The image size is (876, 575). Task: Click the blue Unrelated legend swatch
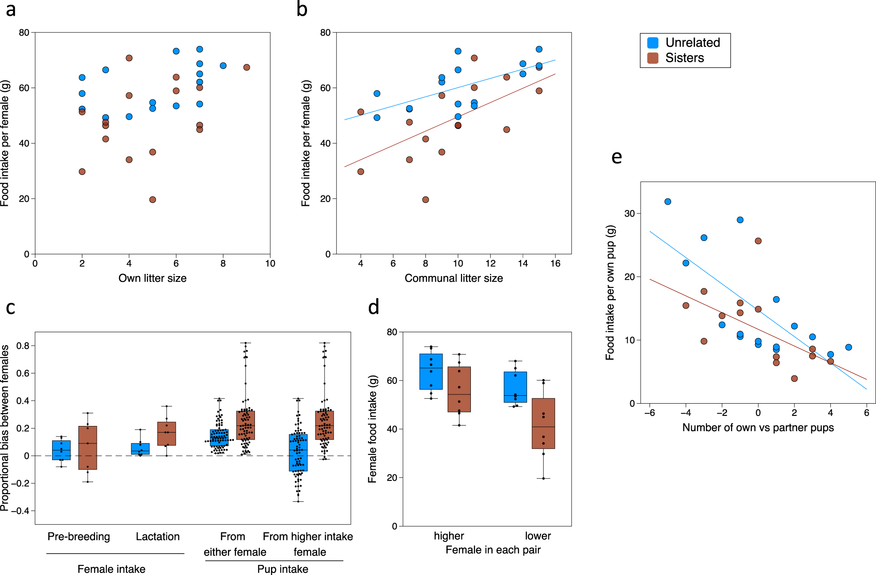coord(653,43)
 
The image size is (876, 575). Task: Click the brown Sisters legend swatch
coord(653,58)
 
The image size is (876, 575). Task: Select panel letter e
coord(616,157)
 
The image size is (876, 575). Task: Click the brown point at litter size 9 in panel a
coord(247,67)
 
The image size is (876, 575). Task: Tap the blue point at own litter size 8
coord(223,66)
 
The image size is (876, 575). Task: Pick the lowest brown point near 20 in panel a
coord(152,199)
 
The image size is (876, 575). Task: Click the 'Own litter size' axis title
coord(152,278)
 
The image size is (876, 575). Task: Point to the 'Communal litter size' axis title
coord(453,278)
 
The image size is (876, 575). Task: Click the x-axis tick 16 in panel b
coord(555,263)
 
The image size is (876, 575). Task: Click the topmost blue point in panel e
coord(668,202)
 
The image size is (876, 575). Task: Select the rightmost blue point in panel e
coord(848,347)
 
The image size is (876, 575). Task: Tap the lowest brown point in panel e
coord(794,378)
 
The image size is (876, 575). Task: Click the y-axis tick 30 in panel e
coord(629,213)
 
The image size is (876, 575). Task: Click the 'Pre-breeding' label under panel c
coord(79,536)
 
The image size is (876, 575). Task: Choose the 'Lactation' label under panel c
coord(158,536)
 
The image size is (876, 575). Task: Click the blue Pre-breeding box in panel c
coord(61,450)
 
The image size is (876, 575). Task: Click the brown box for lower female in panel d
coord(543,423)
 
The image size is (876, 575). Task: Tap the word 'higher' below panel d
coord(449,536)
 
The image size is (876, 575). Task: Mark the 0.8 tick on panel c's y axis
coord(23,346)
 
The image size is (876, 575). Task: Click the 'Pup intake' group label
coord(283,569)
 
